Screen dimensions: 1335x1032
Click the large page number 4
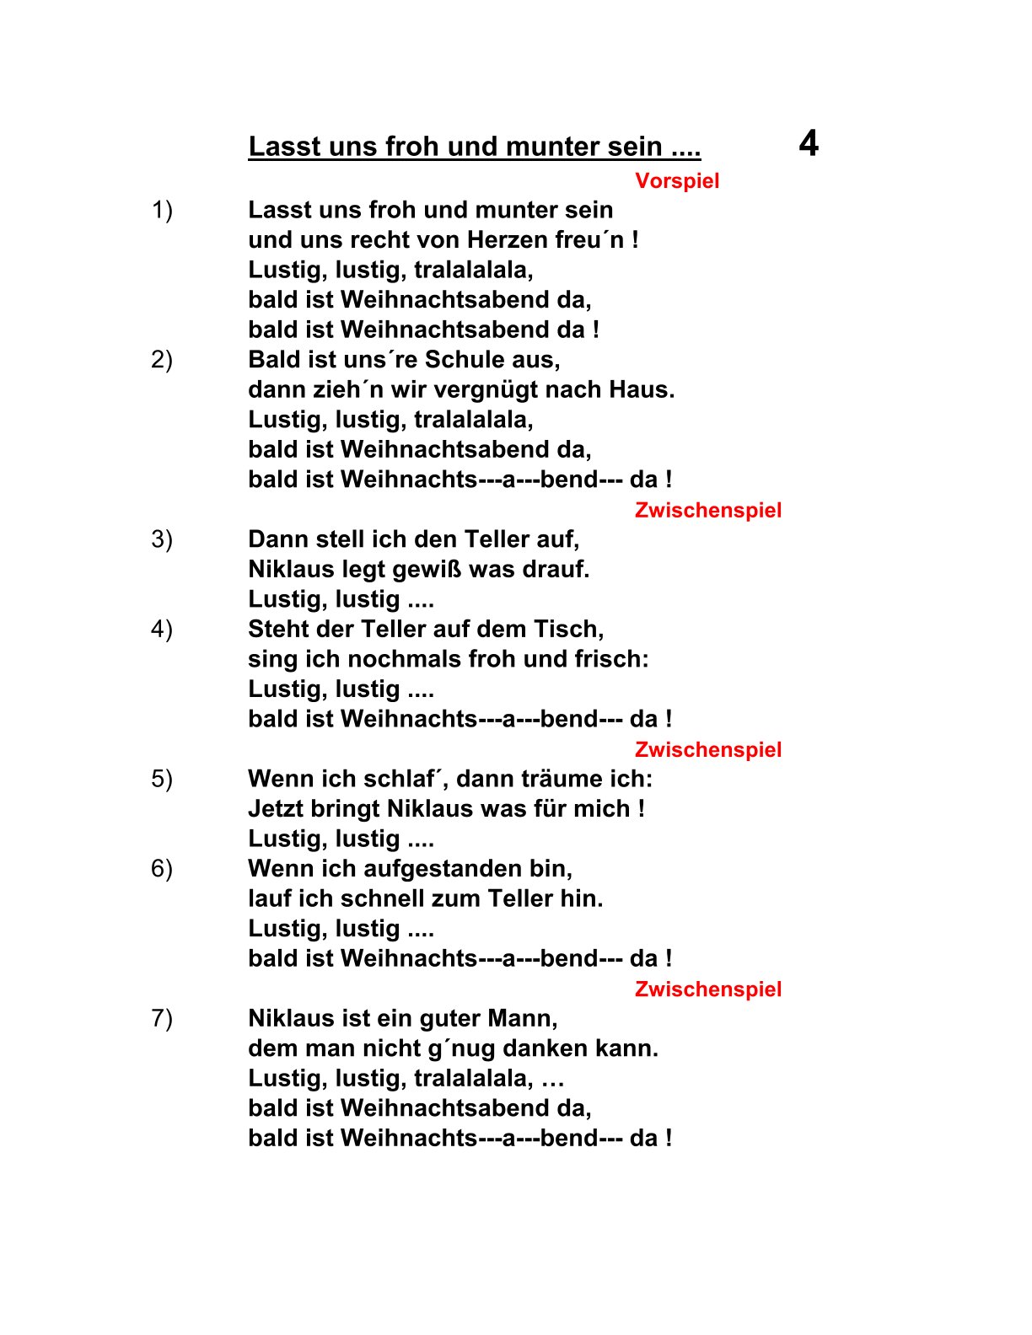(809, 144)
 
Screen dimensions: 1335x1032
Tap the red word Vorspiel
(677, 181)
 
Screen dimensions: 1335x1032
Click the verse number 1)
(162, 210)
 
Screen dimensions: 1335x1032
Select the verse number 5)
(162, 779)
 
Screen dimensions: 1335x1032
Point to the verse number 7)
(162, 1018)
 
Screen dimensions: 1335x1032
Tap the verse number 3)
(162, 539)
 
